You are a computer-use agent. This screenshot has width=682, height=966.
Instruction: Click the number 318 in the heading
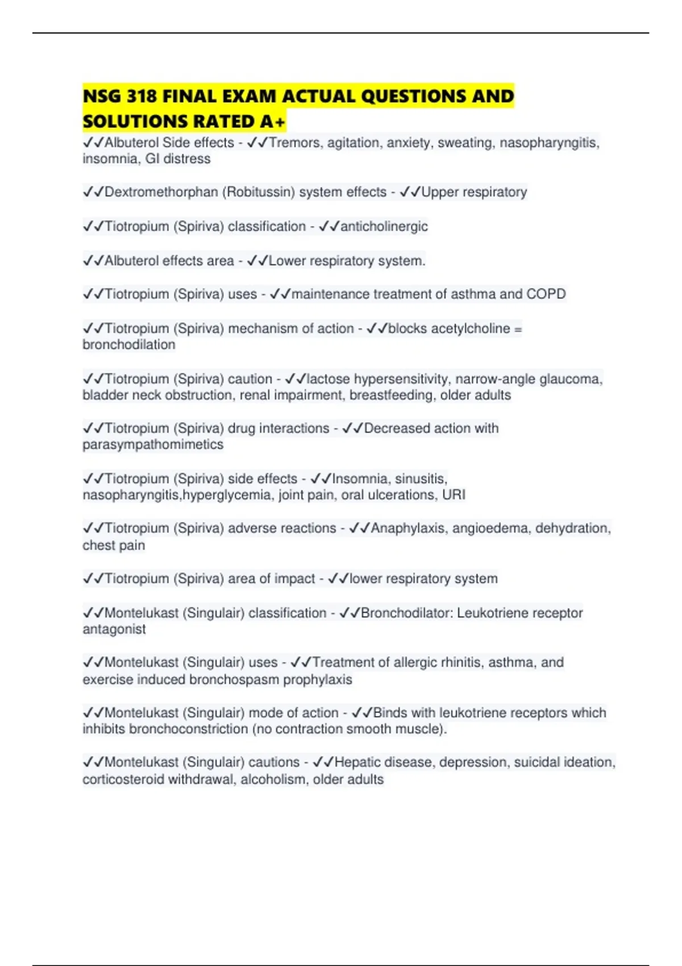(142, 97)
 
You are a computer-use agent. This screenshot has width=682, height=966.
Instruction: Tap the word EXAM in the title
(248, 97)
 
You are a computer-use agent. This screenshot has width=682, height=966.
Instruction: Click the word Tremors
(294, 143)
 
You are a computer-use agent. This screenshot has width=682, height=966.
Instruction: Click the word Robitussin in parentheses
(259, 192)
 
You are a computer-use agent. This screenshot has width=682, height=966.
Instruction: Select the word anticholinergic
(384, 226)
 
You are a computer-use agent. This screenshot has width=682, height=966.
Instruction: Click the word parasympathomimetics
(153, 444)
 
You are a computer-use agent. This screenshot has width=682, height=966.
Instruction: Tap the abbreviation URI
(454, 495)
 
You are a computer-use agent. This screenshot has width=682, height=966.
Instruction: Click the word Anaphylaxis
(407, 528)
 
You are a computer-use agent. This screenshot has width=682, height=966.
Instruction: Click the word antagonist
(114, 629)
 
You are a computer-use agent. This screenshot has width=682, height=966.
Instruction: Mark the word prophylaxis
(318, 680)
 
